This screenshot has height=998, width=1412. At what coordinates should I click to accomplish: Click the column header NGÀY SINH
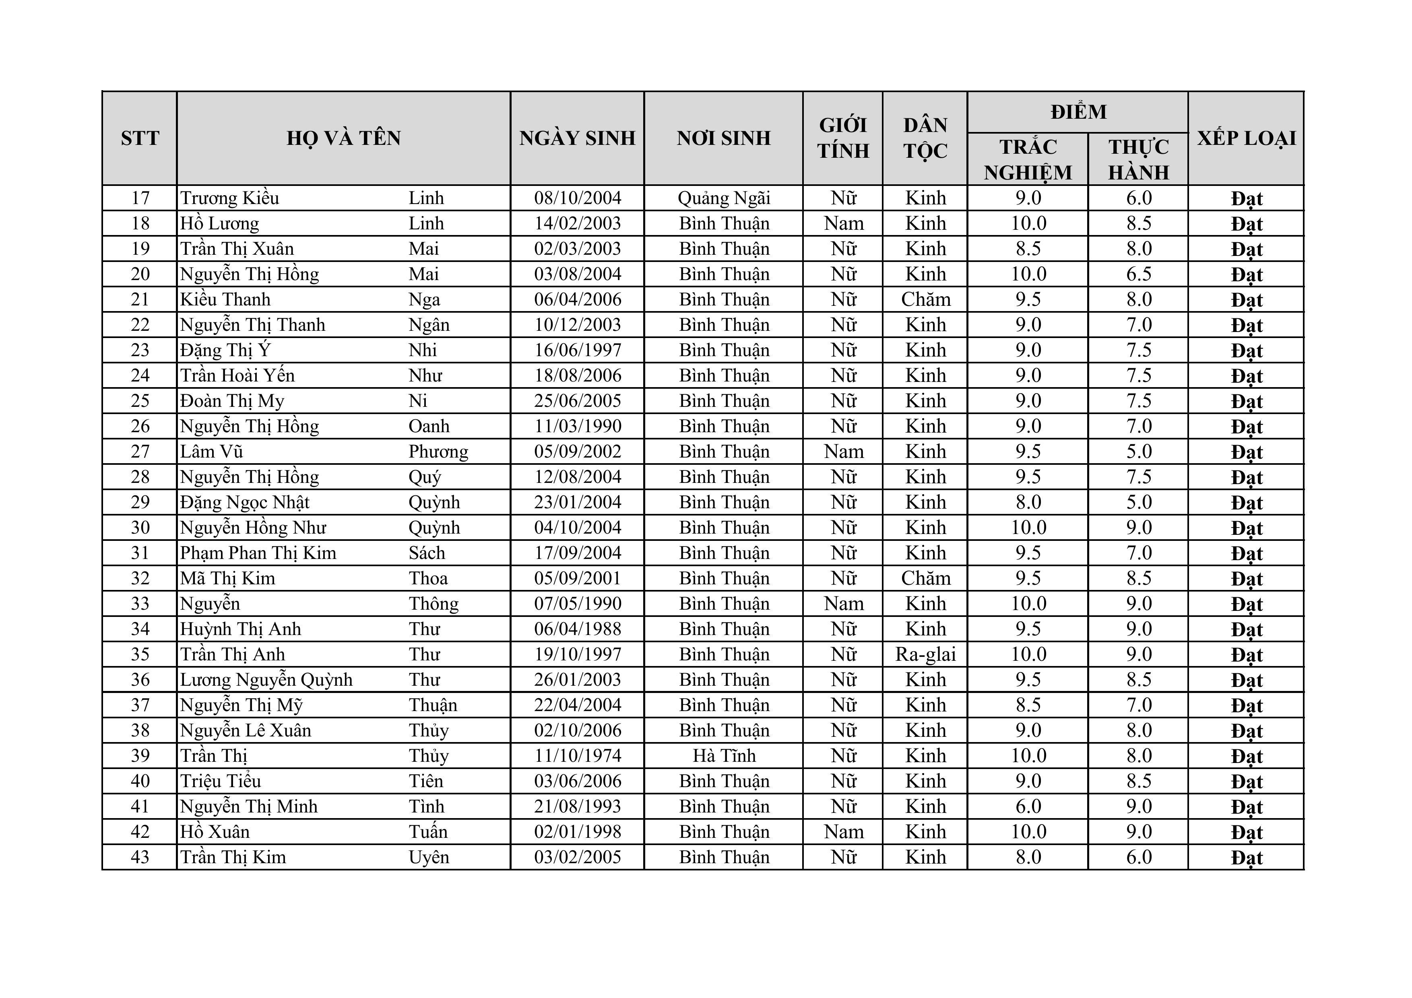pos(577,138)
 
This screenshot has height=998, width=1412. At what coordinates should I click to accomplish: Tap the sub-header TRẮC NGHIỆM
pos(1028,159)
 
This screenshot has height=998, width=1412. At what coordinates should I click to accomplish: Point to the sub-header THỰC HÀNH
pos(1138,159)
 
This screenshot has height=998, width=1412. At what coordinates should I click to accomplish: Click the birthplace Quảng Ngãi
pos(724,198)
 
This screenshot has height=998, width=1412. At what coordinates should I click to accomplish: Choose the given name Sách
pos(427,553)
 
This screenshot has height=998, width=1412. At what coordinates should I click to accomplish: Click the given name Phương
pos(438,452)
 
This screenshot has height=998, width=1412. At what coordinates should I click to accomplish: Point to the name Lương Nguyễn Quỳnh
pos(266,679)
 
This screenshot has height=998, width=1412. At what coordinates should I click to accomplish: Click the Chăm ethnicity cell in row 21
pos(925,299)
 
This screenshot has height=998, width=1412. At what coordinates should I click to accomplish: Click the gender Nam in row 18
pos(844,223)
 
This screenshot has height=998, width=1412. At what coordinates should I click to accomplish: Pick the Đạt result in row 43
pos(1247,857)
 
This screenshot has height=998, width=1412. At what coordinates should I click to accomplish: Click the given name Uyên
pos(429,857)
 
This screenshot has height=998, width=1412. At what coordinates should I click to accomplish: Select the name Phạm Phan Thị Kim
pos(258,553)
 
